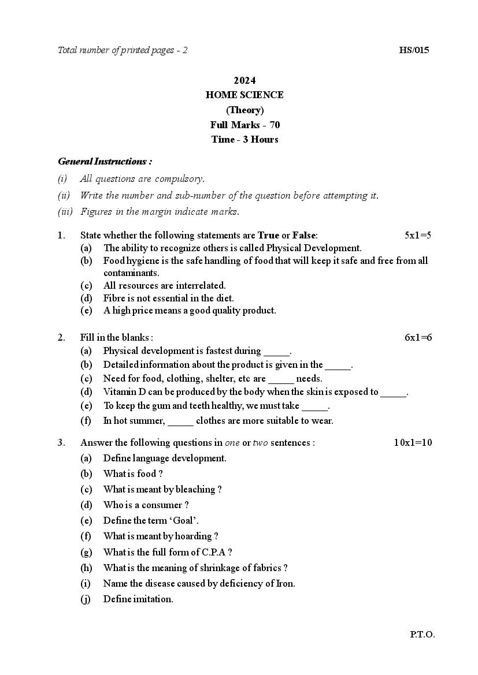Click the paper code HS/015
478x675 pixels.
414,50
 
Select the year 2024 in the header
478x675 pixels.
244,80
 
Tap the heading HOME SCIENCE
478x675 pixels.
244,95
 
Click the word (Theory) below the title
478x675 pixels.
244,110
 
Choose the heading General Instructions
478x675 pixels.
105,162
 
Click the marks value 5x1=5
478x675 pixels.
418,235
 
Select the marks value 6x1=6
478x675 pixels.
418,337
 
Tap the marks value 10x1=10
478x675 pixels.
413,443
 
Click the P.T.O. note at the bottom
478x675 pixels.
423,635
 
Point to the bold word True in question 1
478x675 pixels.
268,235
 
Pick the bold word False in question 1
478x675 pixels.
304,235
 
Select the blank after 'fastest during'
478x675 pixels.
276,351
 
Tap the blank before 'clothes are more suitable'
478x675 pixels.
180,421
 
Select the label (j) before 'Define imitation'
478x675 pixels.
86,599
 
